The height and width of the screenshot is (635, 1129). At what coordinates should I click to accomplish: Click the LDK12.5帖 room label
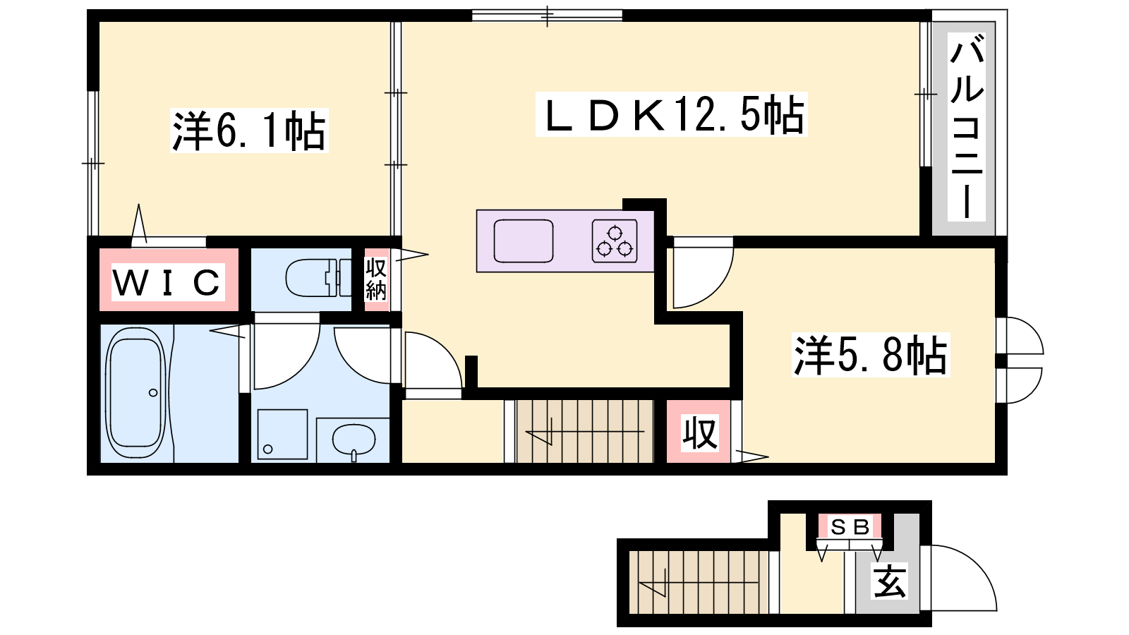click(672, 114)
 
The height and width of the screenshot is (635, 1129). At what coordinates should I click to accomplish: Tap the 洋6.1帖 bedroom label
click(249, 131)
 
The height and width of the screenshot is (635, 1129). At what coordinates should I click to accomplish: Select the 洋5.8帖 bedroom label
click(871, 355)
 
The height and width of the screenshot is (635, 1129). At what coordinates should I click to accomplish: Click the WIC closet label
click(167, 282)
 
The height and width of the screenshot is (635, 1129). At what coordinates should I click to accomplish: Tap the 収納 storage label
click(376, 279)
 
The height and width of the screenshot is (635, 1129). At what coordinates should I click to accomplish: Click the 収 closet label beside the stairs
click(699, 433)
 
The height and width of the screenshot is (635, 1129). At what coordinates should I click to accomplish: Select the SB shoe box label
click(850, 527)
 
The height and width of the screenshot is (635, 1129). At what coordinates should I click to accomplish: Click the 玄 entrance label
click(890, 581)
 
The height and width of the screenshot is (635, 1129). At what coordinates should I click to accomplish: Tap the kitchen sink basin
click(523, 241)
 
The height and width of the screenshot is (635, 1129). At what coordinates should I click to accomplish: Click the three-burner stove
click(615, 241)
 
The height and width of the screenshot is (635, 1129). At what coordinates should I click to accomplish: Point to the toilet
click(318, 278)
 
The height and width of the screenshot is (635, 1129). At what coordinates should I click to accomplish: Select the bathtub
click(135, 392)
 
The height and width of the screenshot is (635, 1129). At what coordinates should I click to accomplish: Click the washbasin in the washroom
click(354, 440)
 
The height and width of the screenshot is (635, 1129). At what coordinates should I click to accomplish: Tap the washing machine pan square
click(282, 435)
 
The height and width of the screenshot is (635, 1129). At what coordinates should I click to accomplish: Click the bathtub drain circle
click(153, 392)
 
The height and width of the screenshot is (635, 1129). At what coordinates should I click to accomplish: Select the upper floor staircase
click(585, 431)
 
